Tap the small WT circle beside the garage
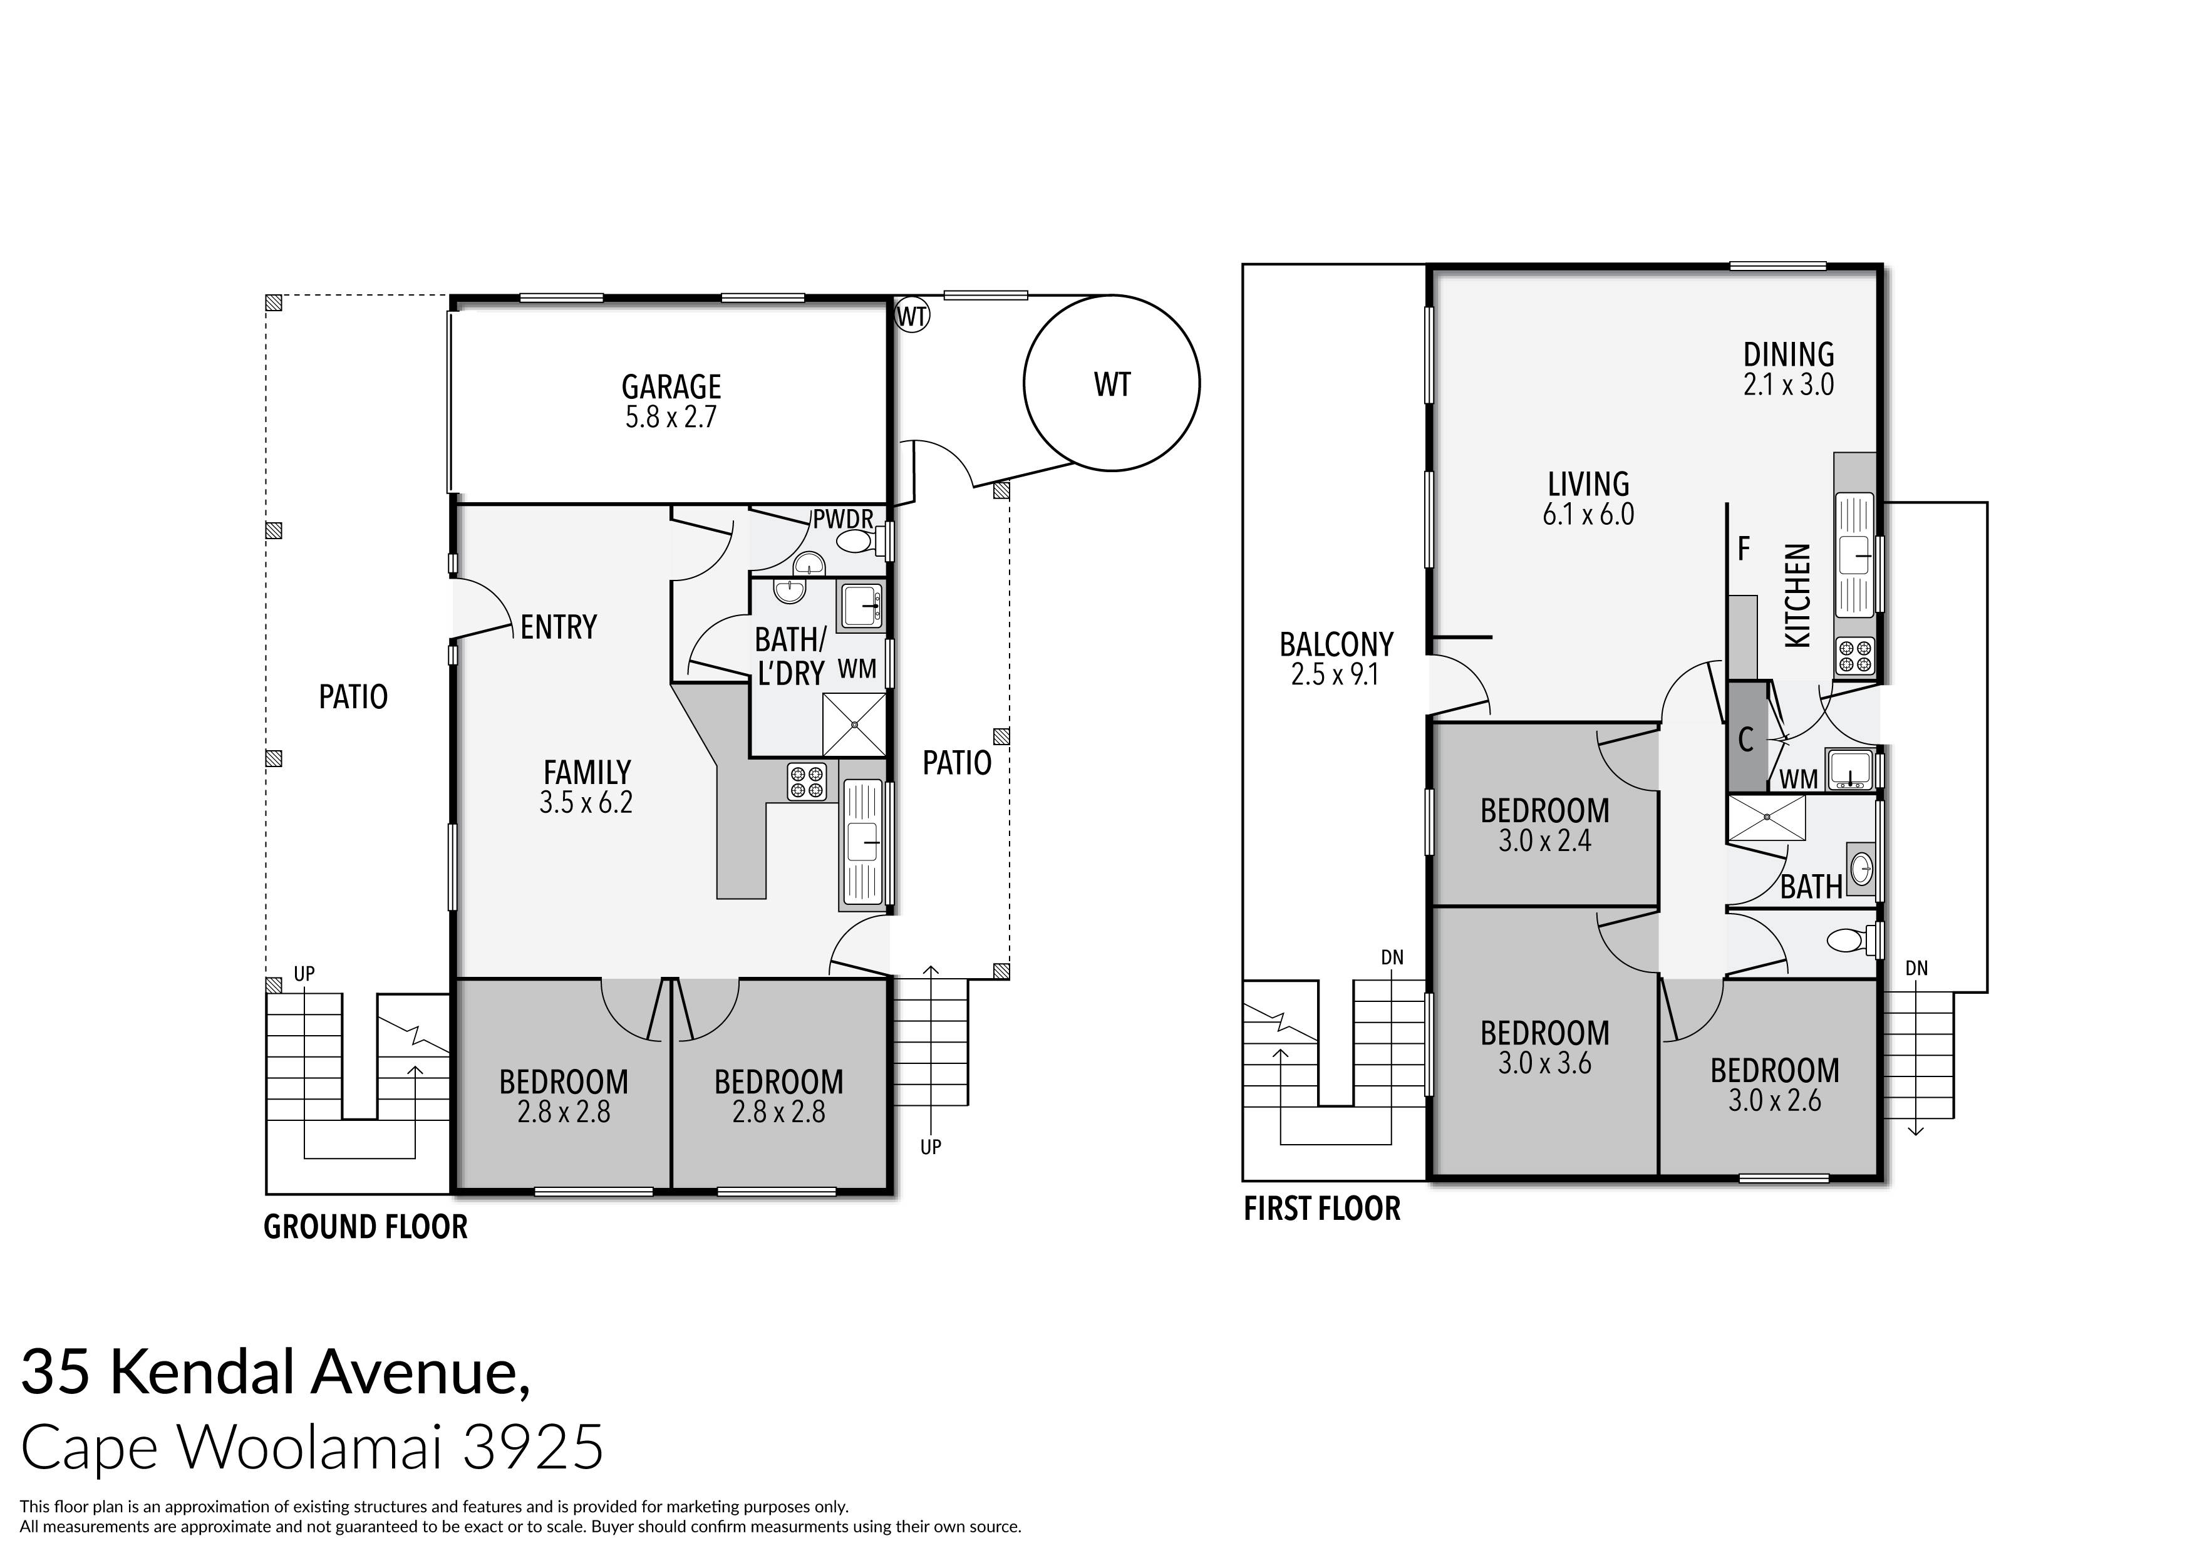tap(912, 316)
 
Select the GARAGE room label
tap(671, 386)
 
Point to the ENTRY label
tap(558, 627)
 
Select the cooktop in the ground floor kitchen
tap(805, 781)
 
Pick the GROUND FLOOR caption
tap(366, 1227)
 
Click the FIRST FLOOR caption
tap(1321, 1209)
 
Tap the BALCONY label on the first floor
tap(1336, 644)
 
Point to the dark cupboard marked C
tap(1746, 737)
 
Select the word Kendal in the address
tap(202, 1371)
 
